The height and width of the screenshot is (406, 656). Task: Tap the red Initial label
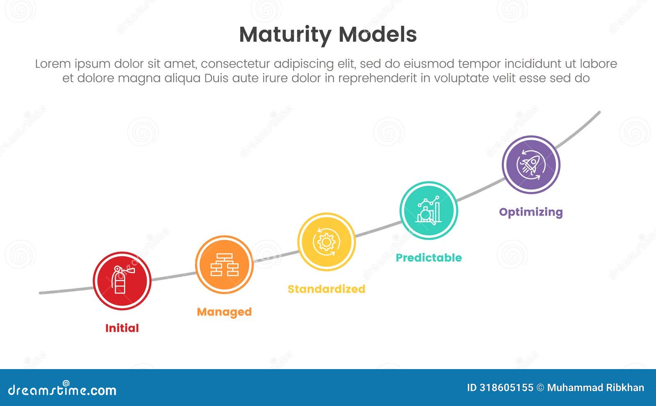122,328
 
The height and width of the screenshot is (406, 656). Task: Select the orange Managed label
224,312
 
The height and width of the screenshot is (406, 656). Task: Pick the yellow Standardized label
326,289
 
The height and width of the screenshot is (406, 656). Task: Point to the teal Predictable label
428,258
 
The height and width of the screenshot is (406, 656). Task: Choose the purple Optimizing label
531,212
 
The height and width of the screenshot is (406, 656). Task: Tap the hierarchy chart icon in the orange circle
224,265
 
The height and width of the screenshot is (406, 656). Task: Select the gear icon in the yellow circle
326,242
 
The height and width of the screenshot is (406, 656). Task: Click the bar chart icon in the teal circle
428,210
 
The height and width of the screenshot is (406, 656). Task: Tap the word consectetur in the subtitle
235,64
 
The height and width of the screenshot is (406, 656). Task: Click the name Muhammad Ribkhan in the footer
595,388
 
